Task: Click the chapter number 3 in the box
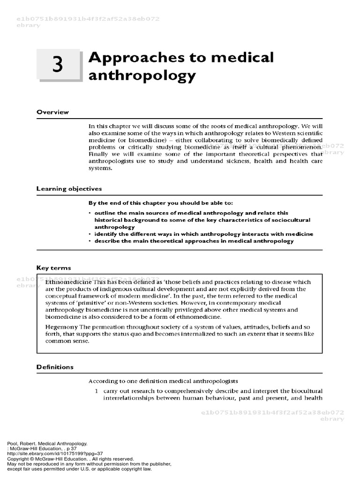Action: [x=57, y=66]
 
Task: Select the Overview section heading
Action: [x=52, y=112]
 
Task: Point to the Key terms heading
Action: [x=54, y=268]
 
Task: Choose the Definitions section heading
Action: [x=55, y=367]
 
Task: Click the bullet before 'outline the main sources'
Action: [x=90, y=213]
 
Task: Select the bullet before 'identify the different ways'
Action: [x=90, y=234]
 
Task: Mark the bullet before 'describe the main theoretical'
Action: [x=90, y=241]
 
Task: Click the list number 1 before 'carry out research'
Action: [x=96, y=391]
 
